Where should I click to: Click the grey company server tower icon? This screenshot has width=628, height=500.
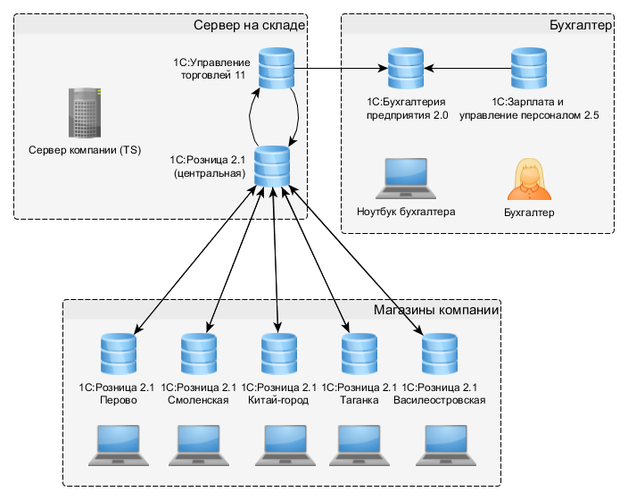click(85, 112)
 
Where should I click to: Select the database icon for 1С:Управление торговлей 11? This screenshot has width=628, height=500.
click(276, 69)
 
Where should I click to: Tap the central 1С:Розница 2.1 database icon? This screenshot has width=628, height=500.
click(272, 167)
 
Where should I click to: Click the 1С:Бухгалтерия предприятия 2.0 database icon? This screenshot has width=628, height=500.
click(405, 69)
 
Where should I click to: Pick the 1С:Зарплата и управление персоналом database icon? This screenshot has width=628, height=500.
click(528, 69)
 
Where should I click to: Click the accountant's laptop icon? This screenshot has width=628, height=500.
click(405, 179)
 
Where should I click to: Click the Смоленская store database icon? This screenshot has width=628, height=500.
click(198, 354)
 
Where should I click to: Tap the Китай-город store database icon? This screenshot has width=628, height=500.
click(278, 354)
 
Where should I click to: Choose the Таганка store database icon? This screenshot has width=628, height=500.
click(358, 354)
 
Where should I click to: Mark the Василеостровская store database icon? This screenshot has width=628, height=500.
click(439, 354)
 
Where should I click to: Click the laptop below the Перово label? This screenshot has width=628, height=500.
click(117, 445)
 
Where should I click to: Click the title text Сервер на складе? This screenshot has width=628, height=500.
click(250, 25)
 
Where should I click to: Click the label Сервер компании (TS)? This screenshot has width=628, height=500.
click(85, 150)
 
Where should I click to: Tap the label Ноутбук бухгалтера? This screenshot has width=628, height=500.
click(405, 212)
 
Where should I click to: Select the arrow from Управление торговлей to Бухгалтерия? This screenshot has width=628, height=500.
click(339, 69)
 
